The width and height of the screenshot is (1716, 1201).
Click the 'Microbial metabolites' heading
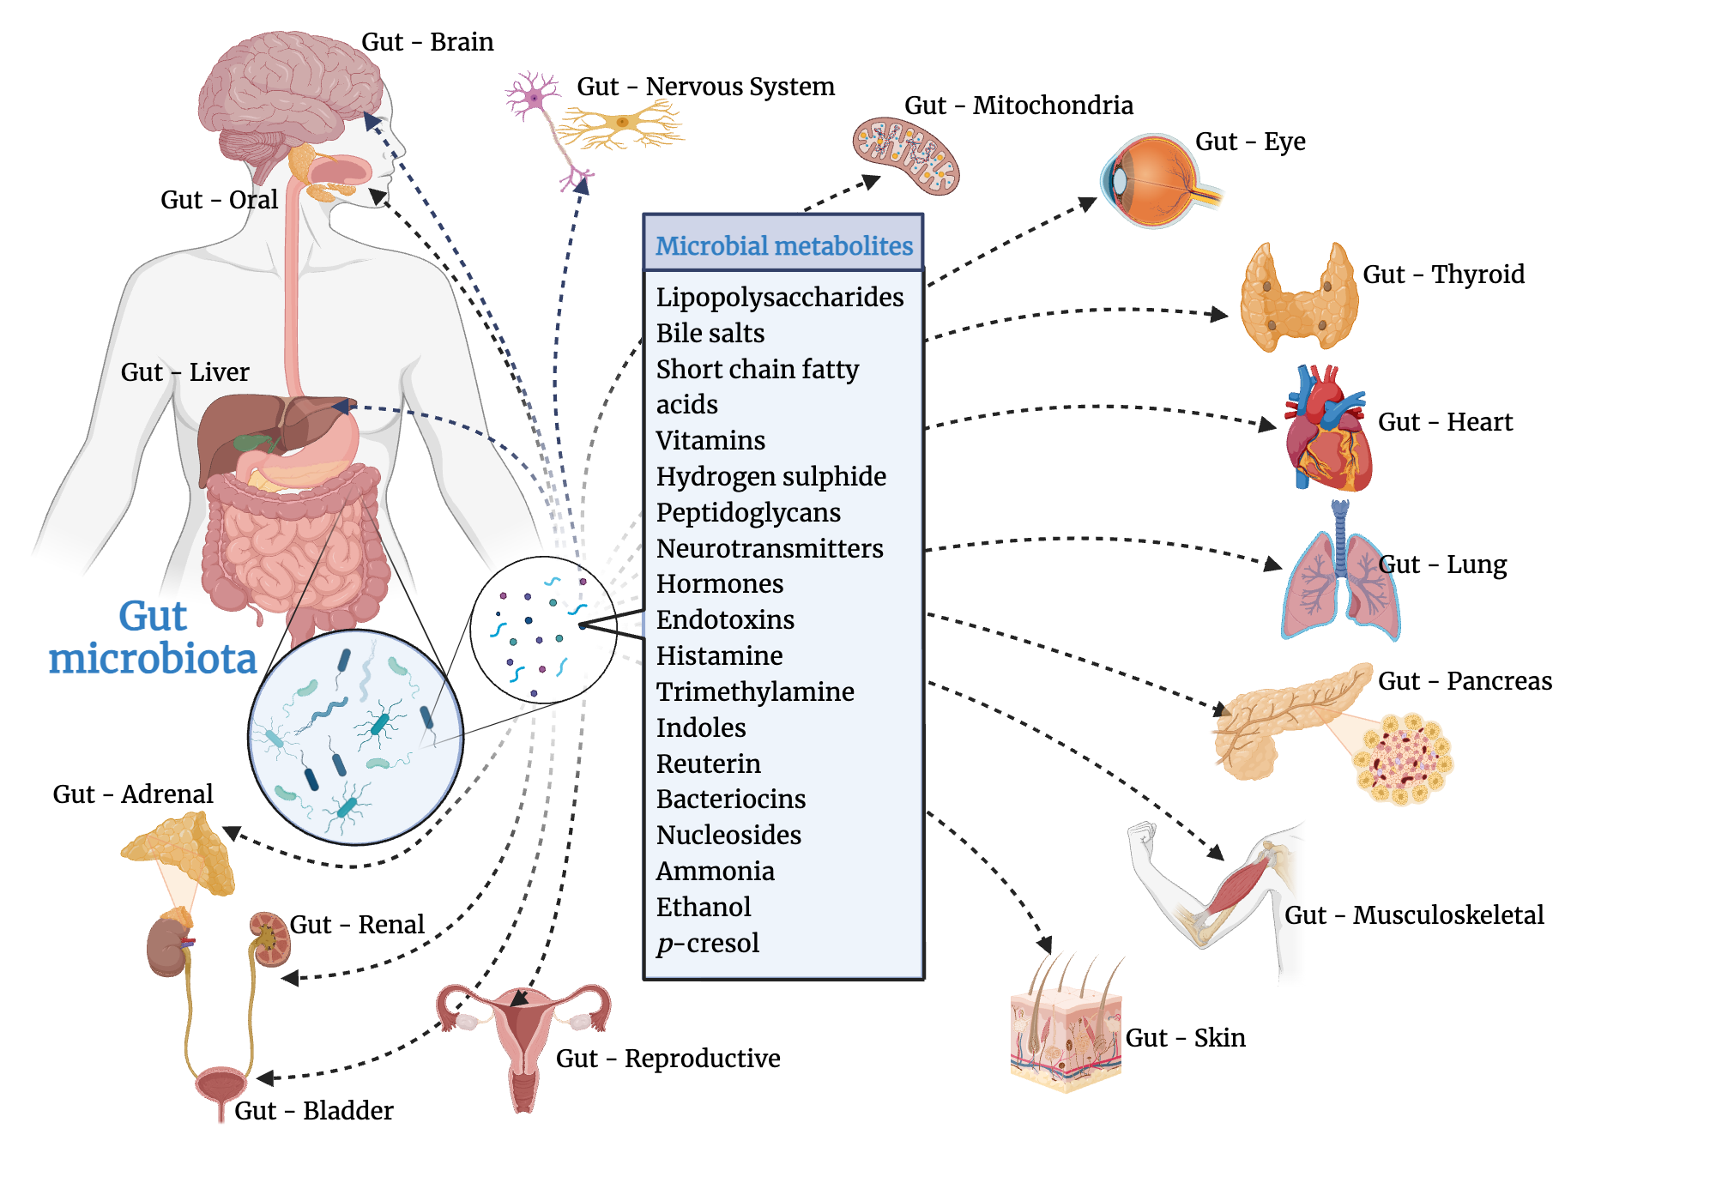783,246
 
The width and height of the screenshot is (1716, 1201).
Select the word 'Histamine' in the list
719,656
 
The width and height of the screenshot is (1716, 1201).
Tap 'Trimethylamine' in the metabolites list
754,692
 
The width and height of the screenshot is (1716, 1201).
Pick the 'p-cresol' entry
707,944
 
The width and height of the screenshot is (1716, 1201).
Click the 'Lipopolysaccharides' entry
779,298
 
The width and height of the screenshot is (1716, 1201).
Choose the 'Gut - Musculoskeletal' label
1413,915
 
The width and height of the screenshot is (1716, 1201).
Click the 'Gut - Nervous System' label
704,87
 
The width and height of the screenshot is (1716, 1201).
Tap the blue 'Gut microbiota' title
152,638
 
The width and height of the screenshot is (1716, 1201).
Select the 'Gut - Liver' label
184,372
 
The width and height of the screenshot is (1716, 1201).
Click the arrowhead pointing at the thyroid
1218,315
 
